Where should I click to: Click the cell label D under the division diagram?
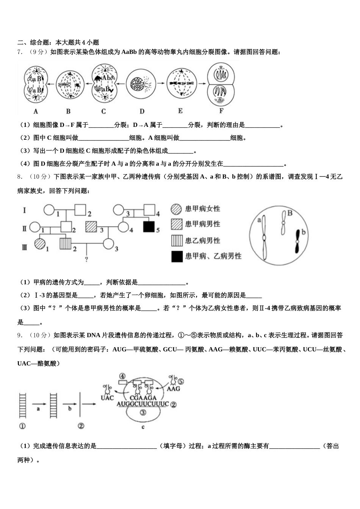coord(142,111)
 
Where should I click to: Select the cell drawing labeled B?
coord(69,85)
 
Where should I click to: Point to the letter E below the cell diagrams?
coord(180,111)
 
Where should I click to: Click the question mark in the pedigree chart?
coord(87,259)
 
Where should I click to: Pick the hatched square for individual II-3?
coord(91,227)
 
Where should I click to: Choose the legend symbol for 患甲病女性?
coord(177,209)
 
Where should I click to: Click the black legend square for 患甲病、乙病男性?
coord(177,256)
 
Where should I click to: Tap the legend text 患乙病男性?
coord(202,240)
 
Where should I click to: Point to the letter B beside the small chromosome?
coord(290,213)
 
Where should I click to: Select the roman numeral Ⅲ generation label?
coord(25,247)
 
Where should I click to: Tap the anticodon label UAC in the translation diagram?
coord(107,398)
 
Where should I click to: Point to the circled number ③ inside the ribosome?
coord(142,413)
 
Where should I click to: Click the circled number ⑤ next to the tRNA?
coord(181,381)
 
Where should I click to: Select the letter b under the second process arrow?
coord(69,409)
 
